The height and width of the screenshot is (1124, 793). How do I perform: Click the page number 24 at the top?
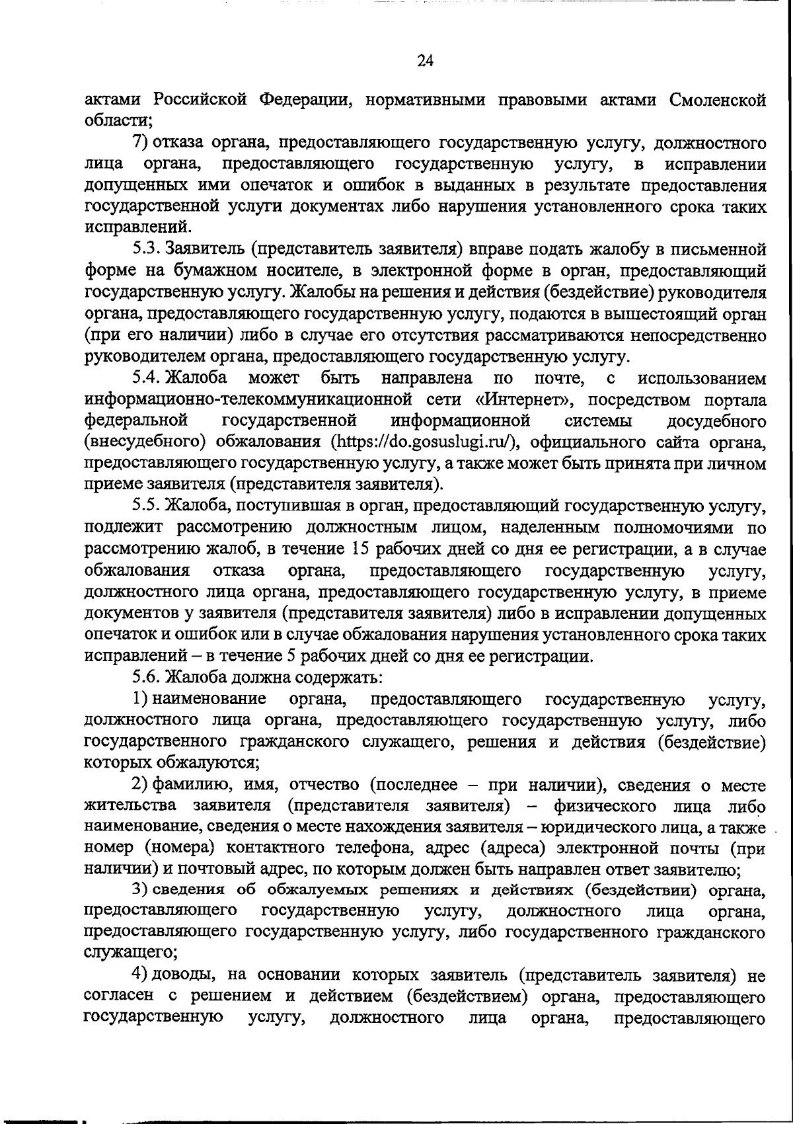(425, 61)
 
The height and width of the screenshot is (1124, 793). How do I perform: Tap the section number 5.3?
(145, 249)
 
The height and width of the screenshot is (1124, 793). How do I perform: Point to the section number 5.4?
(145, 378)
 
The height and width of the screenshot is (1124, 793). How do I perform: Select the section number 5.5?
(145, 506)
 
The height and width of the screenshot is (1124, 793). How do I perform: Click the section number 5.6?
(145, 678)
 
